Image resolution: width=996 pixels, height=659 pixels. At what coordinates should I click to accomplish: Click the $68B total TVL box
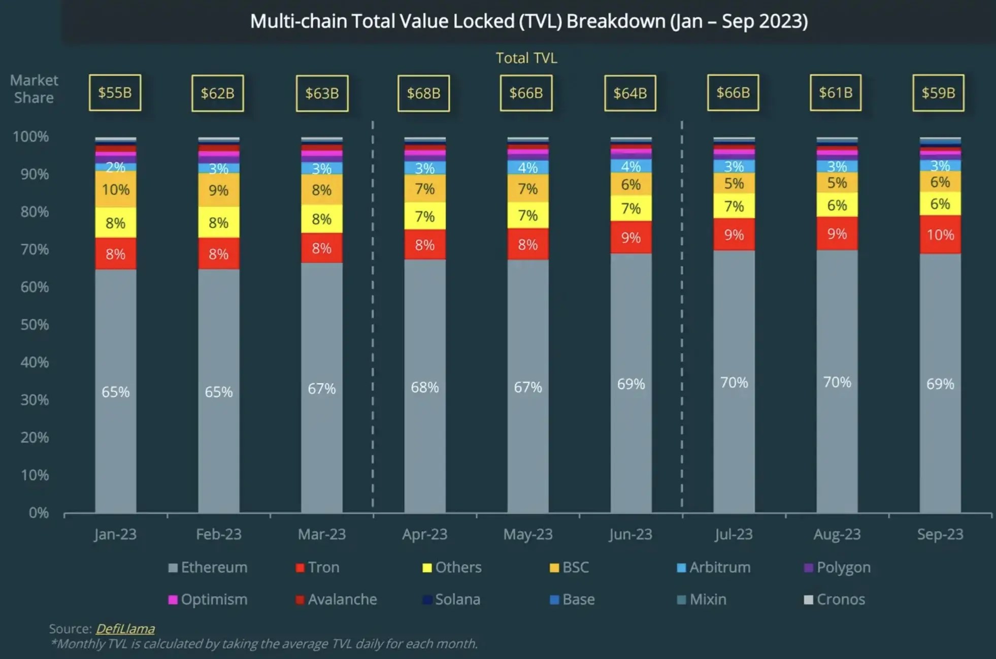[x=423, y=93]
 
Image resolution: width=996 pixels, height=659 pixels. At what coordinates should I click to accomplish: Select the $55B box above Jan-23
[x=115, y=92]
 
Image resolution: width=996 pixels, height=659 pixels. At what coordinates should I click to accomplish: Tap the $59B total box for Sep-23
[x=938, y=92]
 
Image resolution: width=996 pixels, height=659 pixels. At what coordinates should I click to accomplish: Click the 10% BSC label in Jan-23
[x=116, y=189]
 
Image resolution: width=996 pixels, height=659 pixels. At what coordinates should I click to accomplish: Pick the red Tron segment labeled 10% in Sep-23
[x=940, y=235]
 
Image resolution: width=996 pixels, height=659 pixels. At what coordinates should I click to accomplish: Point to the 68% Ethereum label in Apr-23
[x=425, y=387]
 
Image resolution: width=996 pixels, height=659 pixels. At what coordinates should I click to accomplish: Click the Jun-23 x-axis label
[x=630, y=534]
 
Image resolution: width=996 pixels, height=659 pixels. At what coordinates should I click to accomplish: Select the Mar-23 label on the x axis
[x=321, y=534]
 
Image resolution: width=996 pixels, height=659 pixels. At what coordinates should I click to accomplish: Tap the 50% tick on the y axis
[x=35, y=324]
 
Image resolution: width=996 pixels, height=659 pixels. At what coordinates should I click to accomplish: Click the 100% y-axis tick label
[x=30, y=137]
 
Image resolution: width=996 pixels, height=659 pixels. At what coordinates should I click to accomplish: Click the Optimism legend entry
[x=208, y=599]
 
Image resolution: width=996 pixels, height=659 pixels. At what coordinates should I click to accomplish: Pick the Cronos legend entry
[x=835, y=599]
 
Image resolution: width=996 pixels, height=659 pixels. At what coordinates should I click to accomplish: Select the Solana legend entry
[x=452, y=599]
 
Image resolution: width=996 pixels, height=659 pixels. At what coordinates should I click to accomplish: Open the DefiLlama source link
[x=125, y=629]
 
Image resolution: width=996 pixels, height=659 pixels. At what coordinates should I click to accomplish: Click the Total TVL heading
[x=526, y=58]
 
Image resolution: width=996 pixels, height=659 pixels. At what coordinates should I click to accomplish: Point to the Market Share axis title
[x=34, y=89]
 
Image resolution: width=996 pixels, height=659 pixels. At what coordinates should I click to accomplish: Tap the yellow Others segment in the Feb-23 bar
[x=219, y=222]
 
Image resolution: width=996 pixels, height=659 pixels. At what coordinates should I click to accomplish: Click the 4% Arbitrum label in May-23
[x=528, y=167]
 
